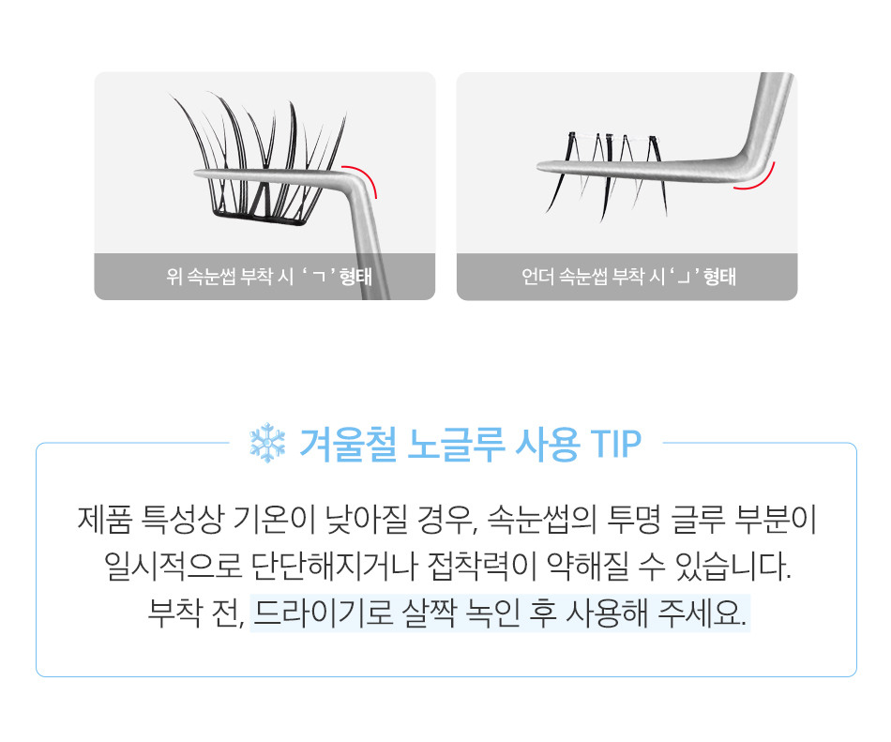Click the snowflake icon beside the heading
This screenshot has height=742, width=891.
point(267,443)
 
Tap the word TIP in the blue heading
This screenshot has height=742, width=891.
point(616,444)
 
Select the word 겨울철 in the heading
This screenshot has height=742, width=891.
point(347,444)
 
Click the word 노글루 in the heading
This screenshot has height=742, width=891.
point(456,444)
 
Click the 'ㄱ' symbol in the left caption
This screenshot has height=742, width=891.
point(320,277)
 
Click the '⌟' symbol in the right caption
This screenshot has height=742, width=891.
point(682,278)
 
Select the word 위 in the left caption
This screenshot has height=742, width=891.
point(174,277)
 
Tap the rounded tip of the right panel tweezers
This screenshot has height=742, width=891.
point(541,167)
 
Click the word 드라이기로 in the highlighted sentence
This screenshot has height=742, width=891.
point(323,613)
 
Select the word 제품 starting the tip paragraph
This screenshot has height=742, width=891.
point(104,520)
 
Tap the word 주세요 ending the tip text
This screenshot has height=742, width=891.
point(702,613)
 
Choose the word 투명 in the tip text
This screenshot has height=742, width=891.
point(634,520)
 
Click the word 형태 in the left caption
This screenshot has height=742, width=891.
point(355,277)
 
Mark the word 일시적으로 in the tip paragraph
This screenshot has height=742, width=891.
point(173,567)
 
